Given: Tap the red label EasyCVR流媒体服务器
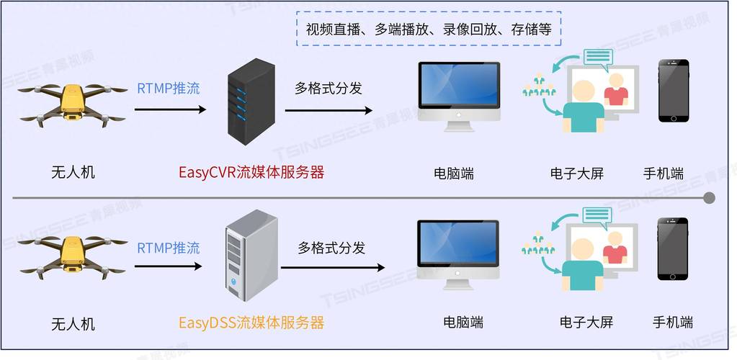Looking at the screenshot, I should click(x=251, y=172).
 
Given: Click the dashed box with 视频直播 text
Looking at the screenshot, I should click(x=429, y=29).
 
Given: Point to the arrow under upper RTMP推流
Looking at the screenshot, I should click(x=171, y=109).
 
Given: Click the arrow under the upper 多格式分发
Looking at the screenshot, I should click(x=329, y=110).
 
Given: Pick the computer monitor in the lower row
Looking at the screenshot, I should click(x=458, y=252).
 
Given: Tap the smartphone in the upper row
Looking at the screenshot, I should click(x=673, y=91).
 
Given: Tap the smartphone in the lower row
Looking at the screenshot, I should click(x=672, y=248).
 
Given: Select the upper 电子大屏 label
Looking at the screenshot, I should click(x=577, y=174).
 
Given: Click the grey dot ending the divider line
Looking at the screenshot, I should click(x=709, y=197).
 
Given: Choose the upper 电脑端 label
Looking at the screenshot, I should click(x=454, y=174).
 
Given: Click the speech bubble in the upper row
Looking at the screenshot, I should click(x=598, y=58).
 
